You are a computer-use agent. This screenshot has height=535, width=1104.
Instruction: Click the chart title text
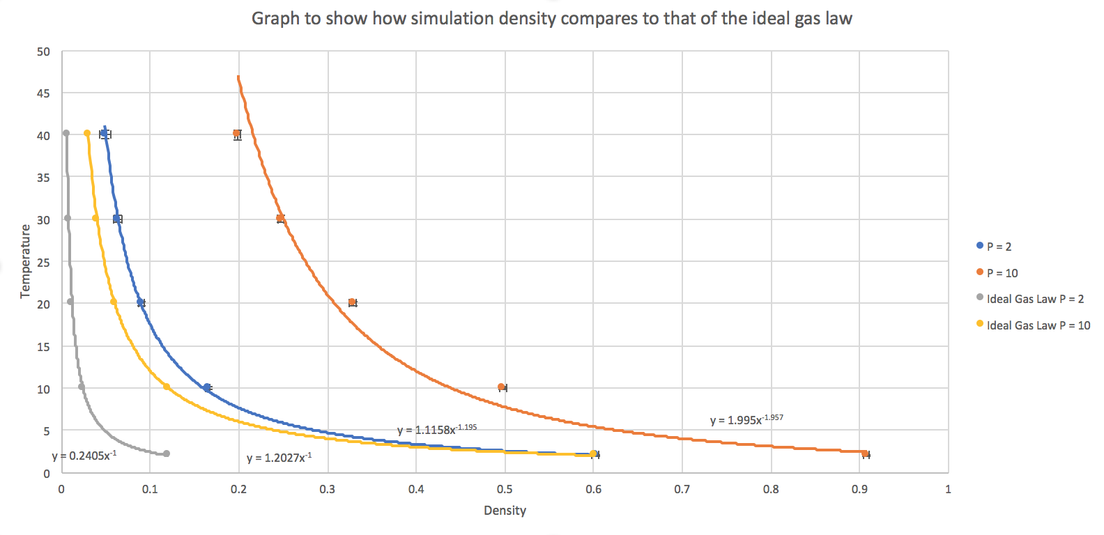(551, 19)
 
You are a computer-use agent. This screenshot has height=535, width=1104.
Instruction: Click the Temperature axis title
(26, 261)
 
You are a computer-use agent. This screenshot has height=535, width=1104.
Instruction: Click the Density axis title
(505, 511)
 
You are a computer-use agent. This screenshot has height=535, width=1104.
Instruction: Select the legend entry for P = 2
(999, 247)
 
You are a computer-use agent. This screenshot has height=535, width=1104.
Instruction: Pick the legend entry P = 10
(1002, 273)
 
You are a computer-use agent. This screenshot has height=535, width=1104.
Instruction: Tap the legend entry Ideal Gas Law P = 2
(1034, 299)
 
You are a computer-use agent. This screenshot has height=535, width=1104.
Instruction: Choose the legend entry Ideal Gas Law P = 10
(1038, 325)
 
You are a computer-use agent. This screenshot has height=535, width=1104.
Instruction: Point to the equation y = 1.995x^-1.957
(746, 419)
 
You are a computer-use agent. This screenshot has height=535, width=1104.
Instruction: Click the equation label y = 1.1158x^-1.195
(436, 430)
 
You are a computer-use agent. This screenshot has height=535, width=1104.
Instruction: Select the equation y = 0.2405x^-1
(84, 456)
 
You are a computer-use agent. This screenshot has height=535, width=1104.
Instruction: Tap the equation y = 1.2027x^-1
(279, 458)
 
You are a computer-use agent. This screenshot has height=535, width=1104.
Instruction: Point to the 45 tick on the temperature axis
(43, 93)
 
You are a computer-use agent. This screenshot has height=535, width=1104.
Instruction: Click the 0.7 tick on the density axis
(682, 489)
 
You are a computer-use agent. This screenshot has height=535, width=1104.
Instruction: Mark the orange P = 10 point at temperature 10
(501, 387)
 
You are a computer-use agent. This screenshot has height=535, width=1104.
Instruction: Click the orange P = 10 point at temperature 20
(352, 302)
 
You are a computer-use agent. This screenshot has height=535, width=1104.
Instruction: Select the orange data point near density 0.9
(864, 453)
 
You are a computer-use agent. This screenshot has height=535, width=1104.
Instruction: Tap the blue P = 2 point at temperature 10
(207, 387)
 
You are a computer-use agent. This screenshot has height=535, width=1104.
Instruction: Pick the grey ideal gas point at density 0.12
(166, 453)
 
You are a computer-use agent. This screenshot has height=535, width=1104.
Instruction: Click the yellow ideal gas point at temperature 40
(87, 134)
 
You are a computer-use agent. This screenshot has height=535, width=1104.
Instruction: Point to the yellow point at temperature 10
(166, 387)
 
